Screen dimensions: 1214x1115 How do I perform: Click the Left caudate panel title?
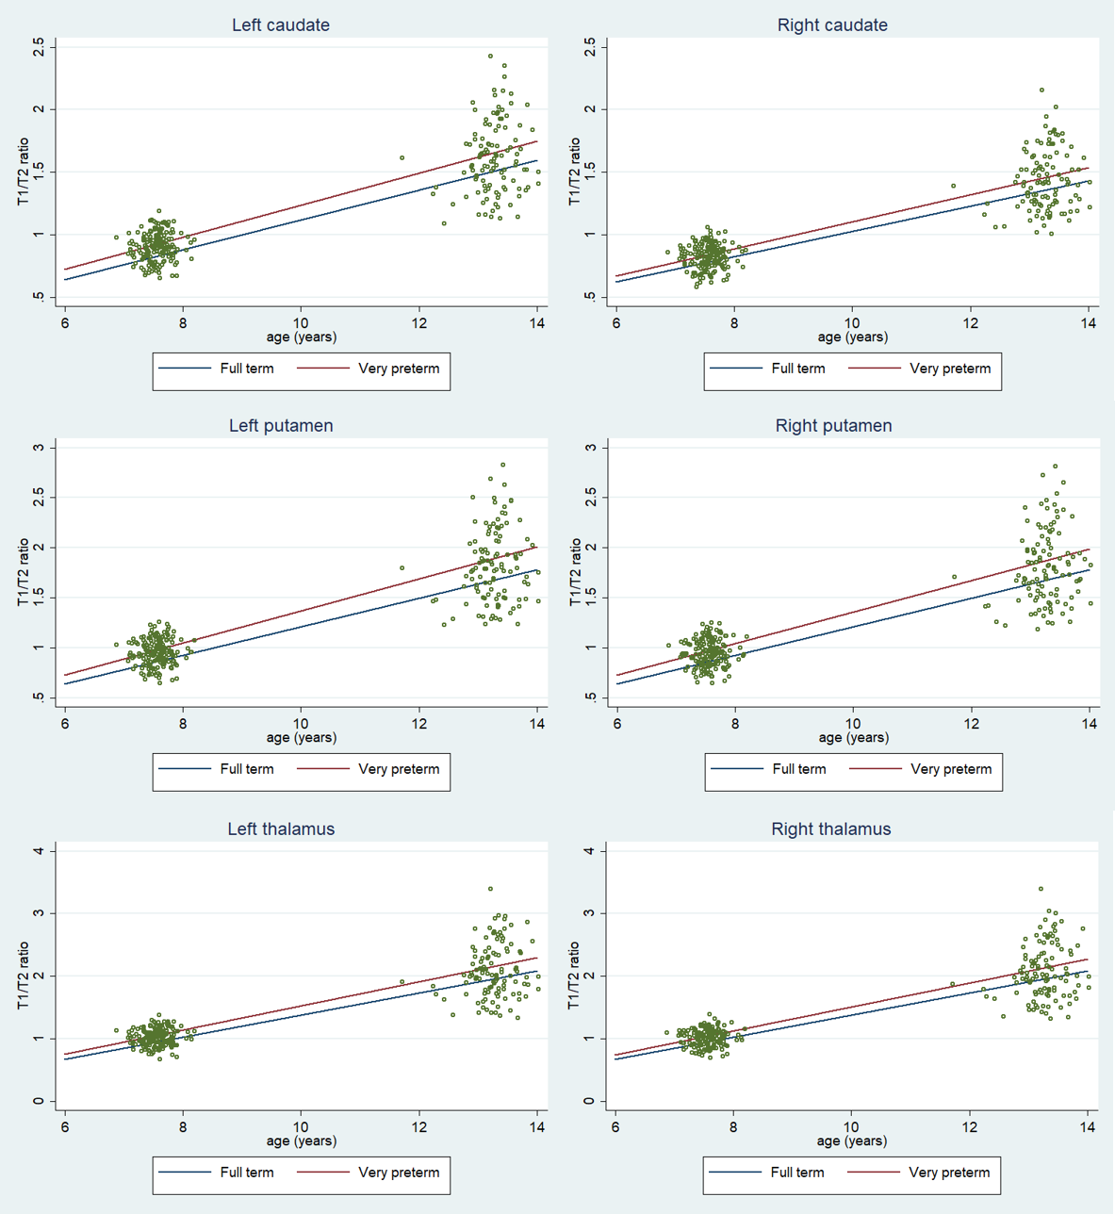(281, 25)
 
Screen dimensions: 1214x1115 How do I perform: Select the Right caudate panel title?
(832, 25)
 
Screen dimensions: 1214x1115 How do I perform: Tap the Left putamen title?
(281, 426)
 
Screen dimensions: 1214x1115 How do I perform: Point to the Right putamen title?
(833, 426)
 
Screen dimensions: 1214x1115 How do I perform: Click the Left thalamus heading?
(281, 829)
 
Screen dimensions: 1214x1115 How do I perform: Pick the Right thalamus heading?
(831, 829)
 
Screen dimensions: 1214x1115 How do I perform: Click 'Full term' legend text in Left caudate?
(247, 369)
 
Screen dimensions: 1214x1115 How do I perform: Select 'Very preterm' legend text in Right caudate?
(950, 369)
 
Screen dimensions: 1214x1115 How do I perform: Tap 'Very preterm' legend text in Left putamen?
(399, 769)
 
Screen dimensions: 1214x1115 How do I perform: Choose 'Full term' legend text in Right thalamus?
(797, 1173)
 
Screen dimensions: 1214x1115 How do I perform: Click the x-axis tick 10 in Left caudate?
(301, 323)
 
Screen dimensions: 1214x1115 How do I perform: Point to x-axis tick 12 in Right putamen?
(971, 724)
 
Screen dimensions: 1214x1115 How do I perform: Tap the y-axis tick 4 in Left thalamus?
(39, 851)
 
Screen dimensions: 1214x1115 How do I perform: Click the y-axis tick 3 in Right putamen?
(591, 448)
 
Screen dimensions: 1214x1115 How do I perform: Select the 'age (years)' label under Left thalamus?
(301, 1140)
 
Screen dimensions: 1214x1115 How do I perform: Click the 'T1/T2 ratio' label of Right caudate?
(575, 172)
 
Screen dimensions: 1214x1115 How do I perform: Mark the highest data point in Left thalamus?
(490, 889)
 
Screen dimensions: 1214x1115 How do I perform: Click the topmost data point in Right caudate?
(1041, 90)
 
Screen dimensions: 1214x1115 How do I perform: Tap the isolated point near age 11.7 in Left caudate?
(402, 157)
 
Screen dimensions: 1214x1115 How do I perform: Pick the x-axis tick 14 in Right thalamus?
(1088, 1127)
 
